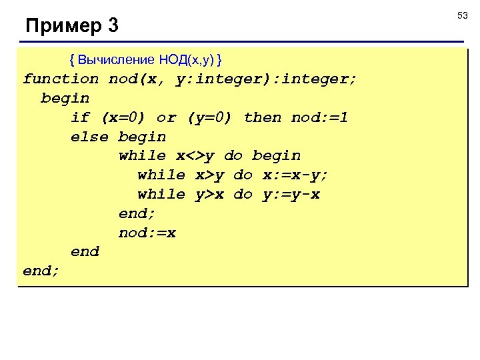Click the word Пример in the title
pos(62,27)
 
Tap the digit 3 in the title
pos(113,27)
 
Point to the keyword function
pos(61,79)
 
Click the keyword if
pos(80,118)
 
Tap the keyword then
pos(263,118)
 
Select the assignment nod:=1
pos(320,118)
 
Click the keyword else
pos(89,137)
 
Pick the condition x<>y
pos(195,157)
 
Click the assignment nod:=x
pos(147,233)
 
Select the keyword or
pos(167,118)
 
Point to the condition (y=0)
pos(210,118)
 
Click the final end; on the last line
pos(41,271)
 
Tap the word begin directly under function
pos(65,99)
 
